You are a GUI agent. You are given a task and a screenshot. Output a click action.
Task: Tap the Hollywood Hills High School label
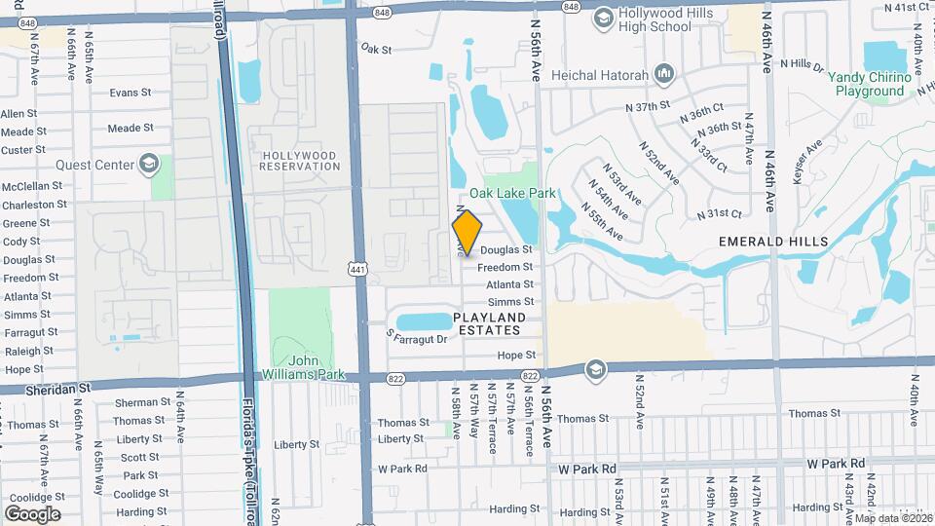pyautogui.click(x=658, y=19)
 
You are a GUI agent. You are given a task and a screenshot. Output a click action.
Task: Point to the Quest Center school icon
pyautogui.click(x=149, y=164)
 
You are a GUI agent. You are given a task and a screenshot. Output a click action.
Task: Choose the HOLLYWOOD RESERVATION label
pyautogui.click(x=300, y=161)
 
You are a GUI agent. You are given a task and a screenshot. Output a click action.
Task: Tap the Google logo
pyautogui.click(x=32, y=513)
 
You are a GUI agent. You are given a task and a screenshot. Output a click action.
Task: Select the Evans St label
pyautogui.click(x=131, y=93)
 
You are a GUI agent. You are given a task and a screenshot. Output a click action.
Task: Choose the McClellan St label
pyautogui.click(x=32, y=186)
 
